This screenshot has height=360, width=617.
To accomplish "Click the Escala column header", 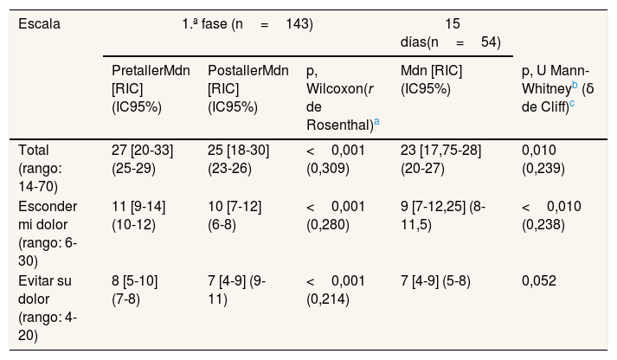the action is click(39, 24).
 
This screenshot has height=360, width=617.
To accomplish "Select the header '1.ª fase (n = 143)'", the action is click(247, 24).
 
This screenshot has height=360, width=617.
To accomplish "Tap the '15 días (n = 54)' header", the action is click(451, 33).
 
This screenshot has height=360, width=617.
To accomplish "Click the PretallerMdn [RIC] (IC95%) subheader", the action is click(151, 88).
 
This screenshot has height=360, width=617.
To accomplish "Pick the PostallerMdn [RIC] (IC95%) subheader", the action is click(247, 88).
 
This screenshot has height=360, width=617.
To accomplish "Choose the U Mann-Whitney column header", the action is click(557, 88).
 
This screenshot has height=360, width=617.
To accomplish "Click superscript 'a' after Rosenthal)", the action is click(377, 122).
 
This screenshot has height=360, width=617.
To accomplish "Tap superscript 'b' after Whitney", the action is click(575, 85).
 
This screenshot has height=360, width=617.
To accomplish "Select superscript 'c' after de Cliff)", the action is click(572, 104).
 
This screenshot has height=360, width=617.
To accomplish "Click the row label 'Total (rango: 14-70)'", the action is click(40, 168).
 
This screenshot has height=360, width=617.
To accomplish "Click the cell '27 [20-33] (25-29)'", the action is click(142, 159).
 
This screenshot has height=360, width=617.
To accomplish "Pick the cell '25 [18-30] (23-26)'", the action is click(239, 159).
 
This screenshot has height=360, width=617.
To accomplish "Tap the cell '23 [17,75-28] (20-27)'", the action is click(440, 159).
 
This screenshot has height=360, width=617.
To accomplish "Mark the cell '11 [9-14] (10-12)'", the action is click(138, 215).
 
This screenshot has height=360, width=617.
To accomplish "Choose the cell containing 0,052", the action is click(539, 281).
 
